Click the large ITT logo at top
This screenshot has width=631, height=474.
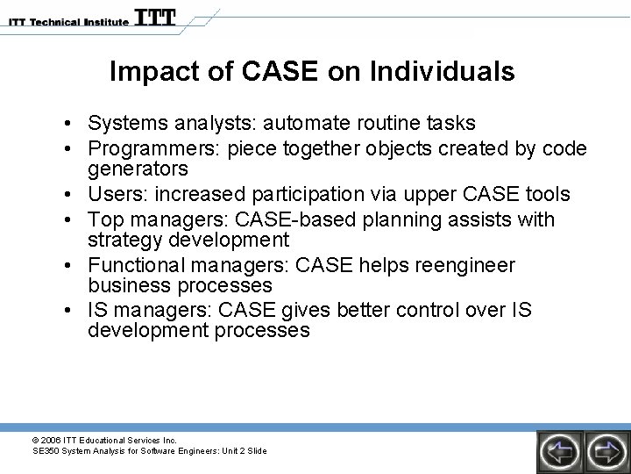coord(155,18)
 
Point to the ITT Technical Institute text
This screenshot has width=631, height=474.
coord(65,21)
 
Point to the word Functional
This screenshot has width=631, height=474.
coord(136,265)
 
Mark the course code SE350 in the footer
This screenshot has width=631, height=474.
coord(46,450)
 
